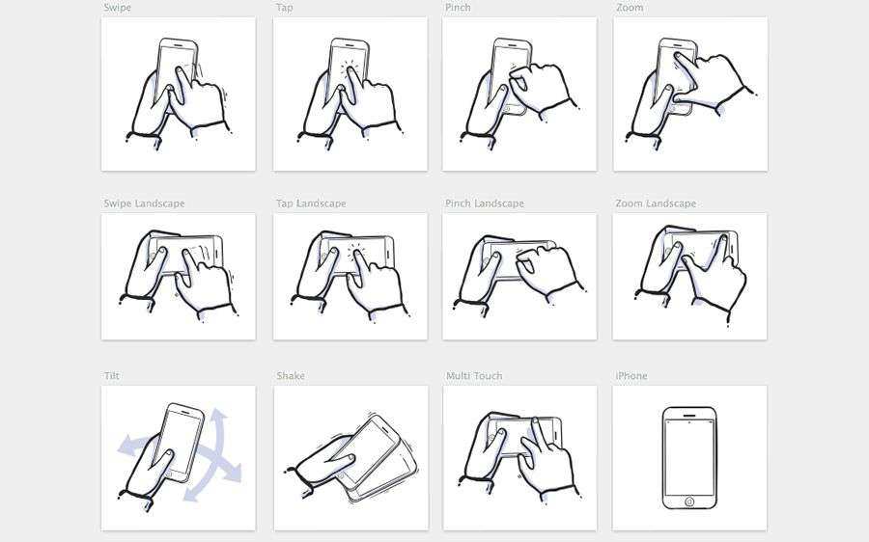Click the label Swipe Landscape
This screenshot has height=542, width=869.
click(144, 203)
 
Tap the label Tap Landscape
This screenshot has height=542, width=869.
click(311, 203)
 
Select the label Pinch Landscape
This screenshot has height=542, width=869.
click(485, 203)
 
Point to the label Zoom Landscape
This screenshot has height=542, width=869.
click(656, 203)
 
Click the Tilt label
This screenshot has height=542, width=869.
click(111, 376)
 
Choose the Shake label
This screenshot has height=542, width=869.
click(291, 376)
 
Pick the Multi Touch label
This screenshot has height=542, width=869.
click(474, 376)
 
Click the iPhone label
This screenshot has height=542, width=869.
click(631, 376)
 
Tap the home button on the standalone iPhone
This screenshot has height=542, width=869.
click(689, 501)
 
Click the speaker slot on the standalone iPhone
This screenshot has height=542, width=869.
click(689, 415)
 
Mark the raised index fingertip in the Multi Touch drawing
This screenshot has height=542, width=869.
click(535, 420)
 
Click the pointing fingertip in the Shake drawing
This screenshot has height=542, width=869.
click(350, 458)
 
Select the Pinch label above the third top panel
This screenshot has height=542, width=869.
click(458, 8)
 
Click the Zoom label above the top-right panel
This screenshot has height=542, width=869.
click(630, 8)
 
